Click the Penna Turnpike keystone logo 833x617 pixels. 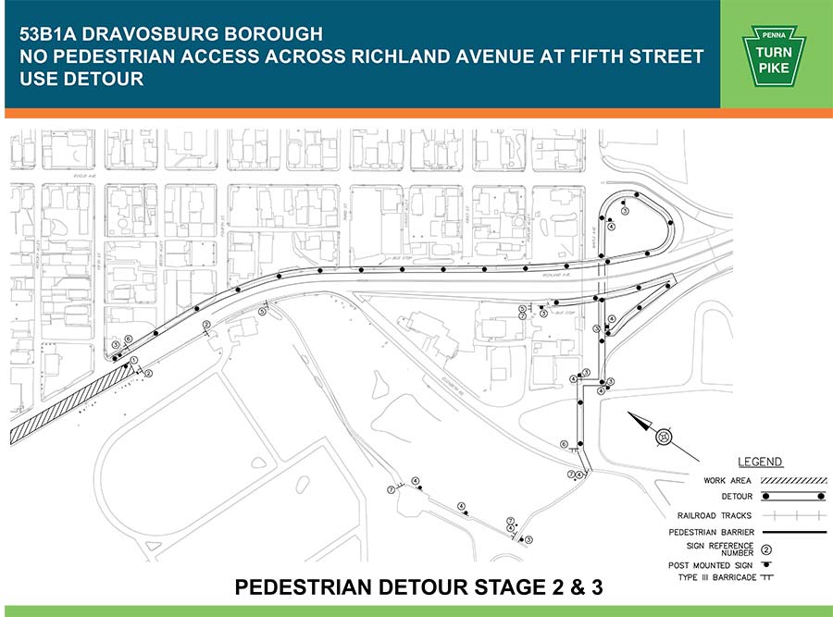776,55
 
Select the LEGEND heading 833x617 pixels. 759,462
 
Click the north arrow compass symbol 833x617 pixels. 664,436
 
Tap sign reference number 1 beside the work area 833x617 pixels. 134,360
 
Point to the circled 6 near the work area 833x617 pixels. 129,339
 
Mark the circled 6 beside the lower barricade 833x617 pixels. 564,444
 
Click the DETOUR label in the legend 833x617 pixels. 720,497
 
